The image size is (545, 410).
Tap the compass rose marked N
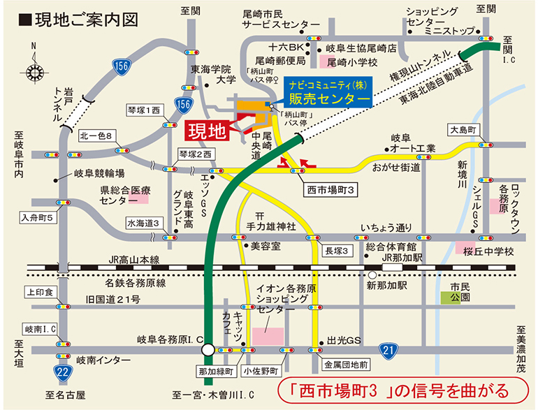point(33,70)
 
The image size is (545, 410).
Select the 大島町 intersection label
point(462,131)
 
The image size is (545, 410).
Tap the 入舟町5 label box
point(40,217)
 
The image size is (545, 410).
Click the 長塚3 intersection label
point(336,249)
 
